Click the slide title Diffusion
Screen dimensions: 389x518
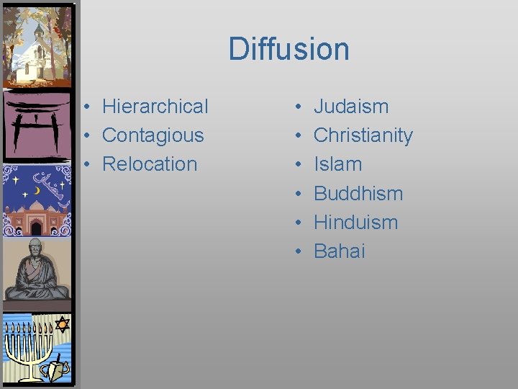(288, 49)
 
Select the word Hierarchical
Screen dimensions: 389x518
(155, 107)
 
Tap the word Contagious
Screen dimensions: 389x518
(153, 135)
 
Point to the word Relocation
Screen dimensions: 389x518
(150, 164)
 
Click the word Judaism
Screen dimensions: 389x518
(351, 107)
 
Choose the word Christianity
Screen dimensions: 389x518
(363, 135)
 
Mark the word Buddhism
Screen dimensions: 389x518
(358, 194)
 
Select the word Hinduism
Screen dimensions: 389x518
(355, 223)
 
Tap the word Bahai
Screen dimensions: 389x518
(340, 251)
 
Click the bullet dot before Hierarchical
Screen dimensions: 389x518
(85, 107)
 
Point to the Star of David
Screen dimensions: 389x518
(62, 325)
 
